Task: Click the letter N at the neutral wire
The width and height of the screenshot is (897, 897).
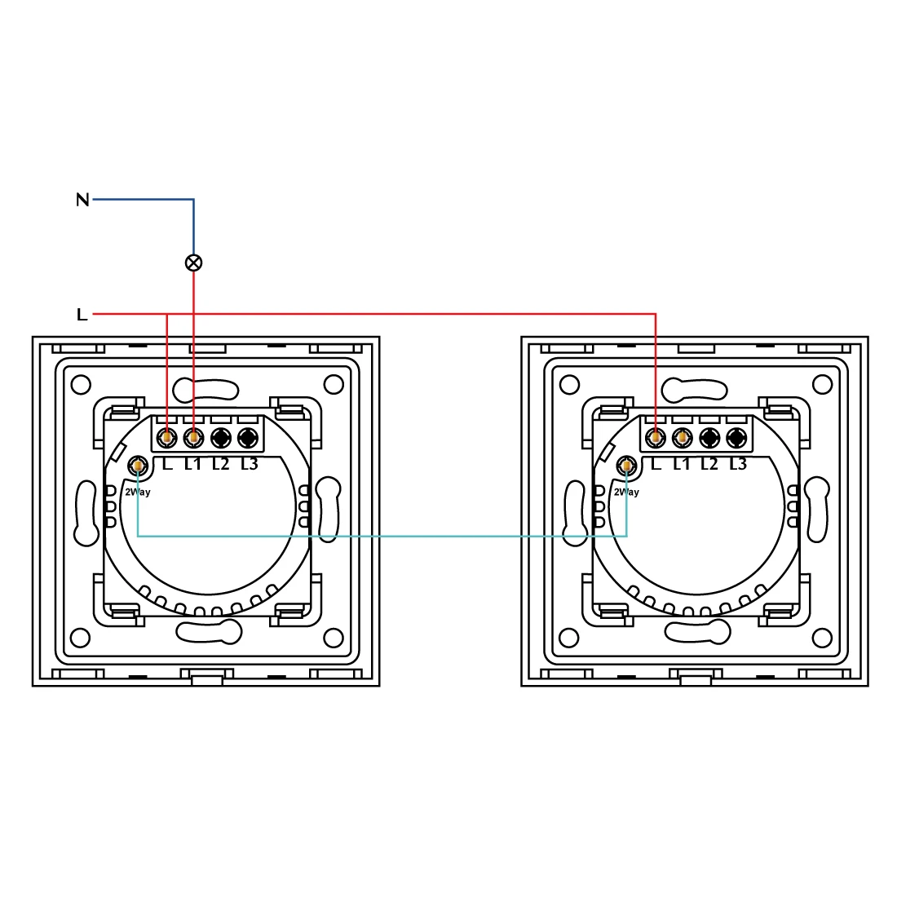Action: click(82, 199)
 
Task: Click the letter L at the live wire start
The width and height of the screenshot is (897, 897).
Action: click(82, 314)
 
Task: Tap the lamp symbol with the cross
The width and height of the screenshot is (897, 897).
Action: click(193, 263)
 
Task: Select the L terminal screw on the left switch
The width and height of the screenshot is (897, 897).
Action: click(167, 438)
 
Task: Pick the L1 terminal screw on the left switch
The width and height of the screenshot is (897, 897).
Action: click(193, 438)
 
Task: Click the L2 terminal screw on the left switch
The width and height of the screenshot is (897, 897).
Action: click(220, 438)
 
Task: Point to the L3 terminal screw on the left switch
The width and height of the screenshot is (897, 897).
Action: click(246, 438)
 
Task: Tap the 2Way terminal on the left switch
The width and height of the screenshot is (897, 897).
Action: click(138, 466)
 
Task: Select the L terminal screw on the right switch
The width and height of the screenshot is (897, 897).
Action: click(656, 438)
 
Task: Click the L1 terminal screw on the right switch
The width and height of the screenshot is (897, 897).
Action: click(682, 438)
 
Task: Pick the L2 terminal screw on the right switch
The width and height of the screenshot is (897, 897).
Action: click(709, 438)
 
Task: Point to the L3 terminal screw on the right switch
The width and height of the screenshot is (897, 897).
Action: click(736, 438)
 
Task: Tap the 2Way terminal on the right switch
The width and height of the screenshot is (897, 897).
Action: click(626, 466)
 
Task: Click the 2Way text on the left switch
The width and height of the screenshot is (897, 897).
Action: click(137, 492)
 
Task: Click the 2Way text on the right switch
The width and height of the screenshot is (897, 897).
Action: click(626, 492)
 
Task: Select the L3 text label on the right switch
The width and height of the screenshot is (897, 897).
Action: click(737, 464)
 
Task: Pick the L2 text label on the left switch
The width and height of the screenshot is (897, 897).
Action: click(220, 464)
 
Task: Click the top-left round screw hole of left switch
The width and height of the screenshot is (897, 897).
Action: click(81, 383)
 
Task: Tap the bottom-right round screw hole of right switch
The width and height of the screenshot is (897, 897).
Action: click(822, 637)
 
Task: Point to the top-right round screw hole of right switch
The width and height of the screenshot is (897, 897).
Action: click(822, 383)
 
